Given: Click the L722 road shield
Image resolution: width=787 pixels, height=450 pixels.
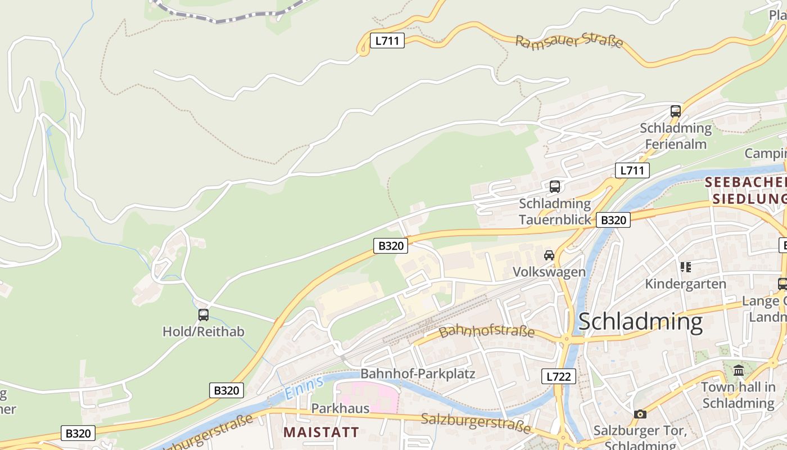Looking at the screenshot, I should click(559, 376).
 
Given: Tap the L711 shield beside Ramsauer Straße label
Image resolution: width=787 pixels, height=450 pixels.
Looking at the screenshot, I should click(387, 40).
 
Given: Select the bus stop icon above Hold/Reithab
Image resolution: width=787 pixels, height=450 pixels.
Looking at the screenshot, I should click(203, 315).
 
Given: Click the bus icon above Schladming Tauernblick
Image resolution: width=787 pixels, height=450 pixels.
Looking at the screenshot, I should click(555, 186).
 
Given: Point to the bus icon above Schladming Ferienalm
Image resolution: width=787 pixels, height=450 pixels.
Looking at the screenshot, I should click(676, 111).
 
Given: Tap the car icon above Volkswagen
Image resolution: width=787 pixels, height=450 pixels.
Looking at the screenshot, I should click(549, 255).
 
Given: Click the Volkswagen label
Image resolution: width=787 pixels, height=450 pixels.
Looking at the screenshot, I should click(549, 272).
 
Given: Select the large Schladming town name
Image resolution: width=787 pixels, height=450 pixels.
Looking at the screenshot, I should click(640, 322).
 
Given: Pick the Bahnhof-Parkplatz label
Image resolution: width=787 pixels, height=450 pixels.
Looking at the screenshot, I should click(418, 373).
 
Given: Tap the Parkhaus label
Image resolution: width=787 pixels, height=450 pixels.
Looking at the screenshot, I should click(341, 408).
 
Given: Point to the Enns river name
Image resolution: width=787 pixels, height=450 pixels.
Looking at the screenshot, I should click(304, 388).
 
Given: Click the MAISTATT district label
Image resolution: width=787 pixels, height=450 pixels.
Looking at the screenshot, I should click(321, 432).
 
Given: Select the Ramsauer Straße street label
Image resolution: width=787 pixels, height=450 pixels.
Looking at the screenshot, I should click(569, 41).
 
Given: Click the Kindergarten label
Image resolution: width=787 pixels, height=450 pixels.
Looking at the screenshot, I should click(685, 283).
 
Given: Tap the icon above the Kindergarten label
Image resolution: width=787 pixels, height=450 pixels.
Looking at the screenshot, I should click(685, 267).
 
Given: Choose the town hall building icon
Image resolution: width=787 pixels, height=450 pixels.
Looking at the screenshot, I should click(739, 370).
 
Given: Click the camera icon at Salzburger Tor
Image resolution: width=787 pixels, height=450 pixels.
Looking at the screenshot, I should click(640, 414).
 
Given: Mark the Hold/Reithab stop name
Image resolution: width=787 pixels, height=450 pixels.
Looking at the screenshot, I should click(203, 331).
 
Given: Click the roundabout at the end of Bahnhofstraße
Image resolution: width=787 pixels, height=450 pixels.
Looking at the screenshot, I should click(566, 339).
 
